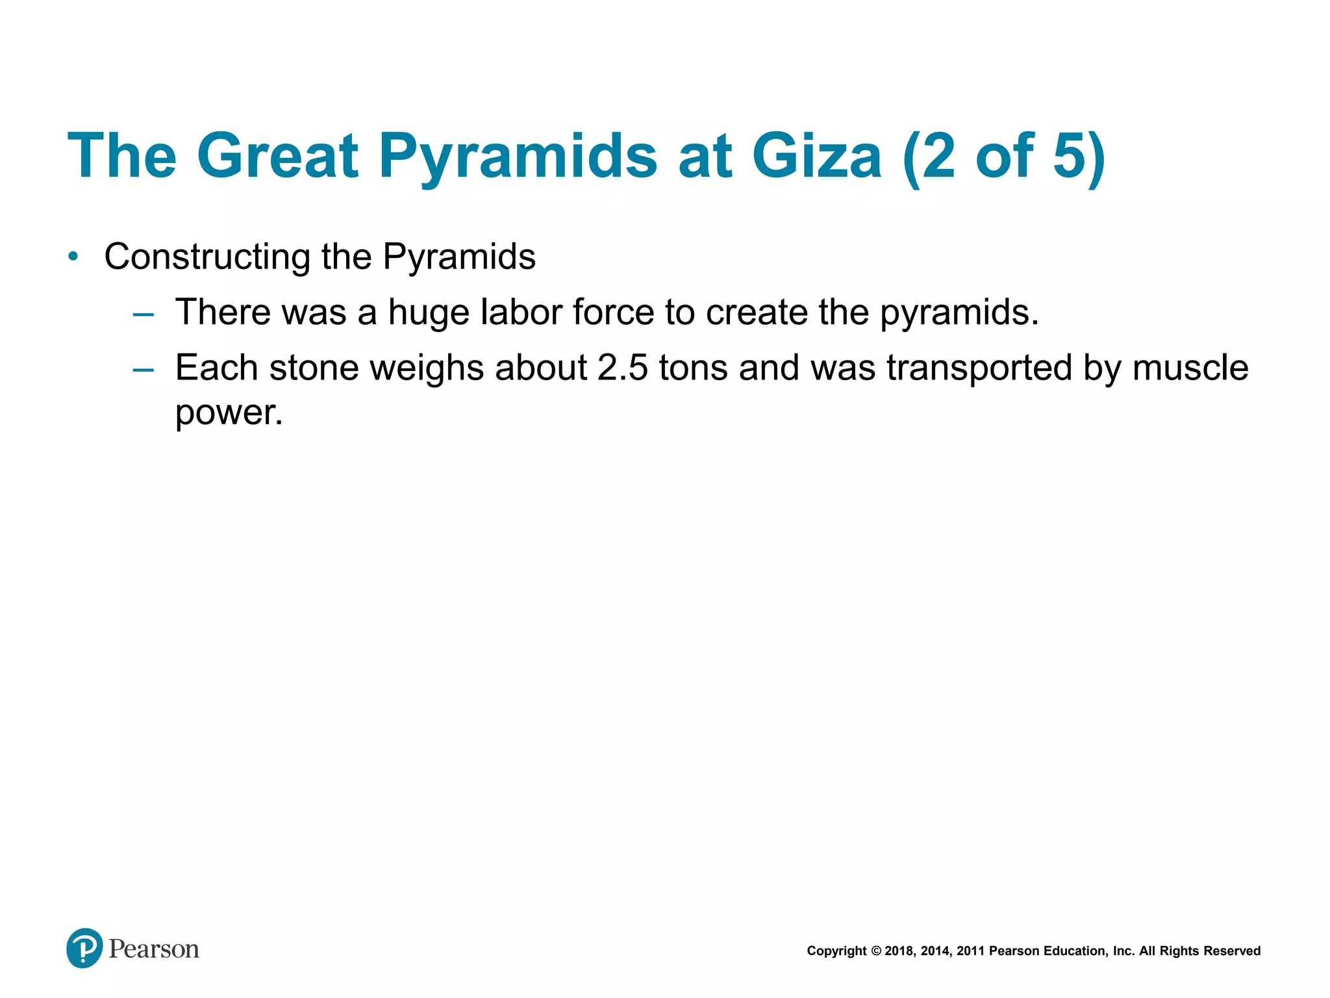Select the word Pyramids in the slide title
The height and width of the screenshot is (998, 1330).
(518, 157)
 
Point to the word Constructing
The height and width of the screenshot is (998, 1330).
(207, 257)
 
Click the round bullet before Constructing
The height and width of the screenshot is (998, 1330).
(73, 257)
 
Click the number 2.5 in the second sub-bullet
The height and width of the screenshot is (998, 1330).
(622, 368)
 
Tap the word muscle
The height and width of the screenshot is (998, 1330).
(1190, 368)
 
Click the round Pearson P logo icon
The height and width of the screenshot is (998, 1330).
(84, 948)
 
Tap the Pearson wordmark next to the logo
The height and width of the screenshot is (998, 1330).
(154, 949)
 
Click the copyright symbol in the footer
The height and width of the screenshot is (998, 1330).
(875, 951)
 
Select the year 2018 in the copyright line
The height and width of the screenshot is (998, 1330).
(899, 951)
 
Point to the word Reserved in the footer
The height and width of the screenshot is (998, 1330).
(1232, 951)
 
